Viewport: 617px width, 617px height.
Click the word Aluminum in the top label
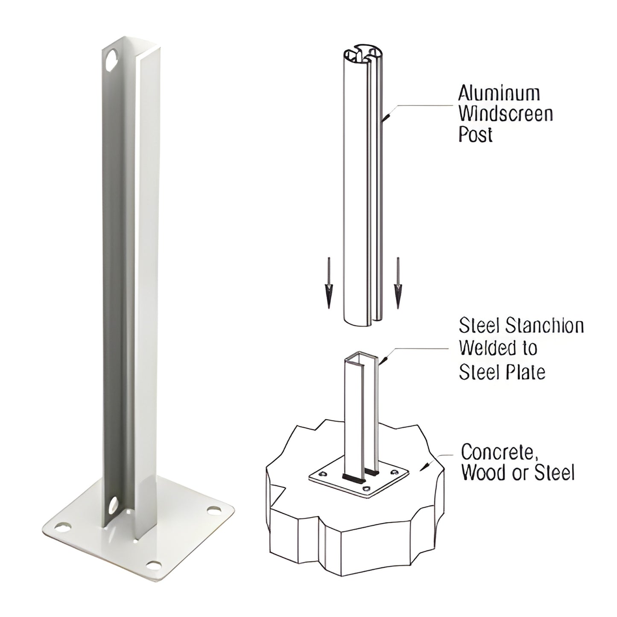point(499,93)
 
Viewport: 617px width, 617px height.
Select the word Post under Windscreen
point(475,135)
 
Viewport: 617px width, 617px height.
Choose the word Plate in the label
point(526,372)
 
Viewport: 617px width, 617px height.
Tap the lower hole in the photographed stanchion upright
point(114,505)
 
